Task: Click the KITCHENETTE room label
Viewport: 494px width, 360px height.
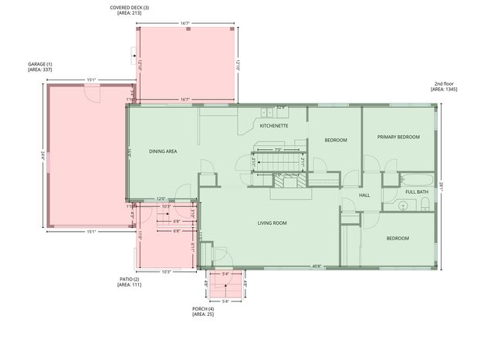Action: [x=274, y=125]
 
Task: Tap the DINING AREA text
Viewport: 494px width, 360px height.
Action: [x=163, y=151]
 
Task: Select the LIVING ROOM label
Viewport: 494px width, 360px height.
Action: [x=272, y=223]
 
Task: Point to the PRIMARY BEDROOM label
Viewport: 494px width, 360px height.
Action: [x=398, y=137]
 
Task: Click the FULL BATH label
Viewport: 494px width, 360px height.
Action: [x=417, y=192]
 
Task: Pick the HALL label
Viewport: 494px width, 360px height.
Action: [x=364, y=195]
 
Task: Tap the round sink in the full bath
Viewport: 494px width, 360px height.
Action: [x=402, y=205]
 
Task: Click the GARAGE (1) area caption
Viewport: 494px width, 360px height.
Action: [x=39, y=66]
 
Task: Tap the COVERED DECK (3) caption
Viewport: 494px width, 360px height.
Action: [x=130, y=10]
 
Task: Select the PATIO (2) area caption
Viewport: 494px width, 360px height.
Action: [x=129, y=282]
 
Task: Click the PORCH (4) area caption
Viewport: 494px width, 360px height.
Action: [x=203, y=311]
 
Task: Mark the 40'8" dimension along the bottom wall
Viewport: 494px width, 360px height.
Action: [x=316, y=267]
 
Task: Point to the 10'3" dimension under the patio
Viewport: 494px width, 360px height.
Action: [x=166, y=271]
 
